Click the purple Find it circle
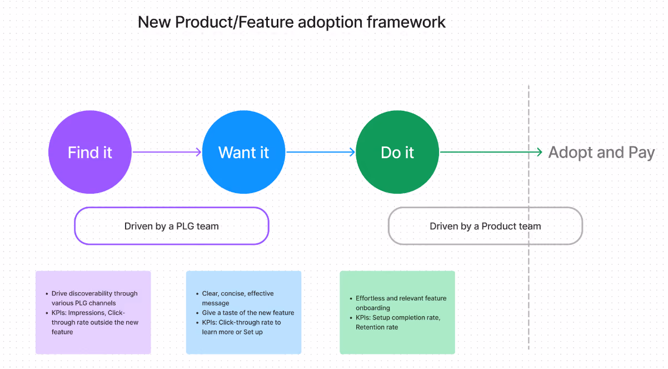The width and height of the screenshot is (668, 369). point(90,152)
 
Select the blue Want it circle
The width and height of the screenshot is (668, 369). point(243,152)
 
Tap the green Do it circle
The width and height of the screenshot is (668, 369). point(397,152)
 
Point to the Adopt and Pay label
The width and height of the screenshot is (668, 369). point(601,152)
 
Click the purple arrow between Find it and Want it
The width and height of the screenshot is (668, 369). point(167,152)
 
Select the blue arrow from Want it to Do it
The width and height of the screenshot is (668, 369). point(321,152)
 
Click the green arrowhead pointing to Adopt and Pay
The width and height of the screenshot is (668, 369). point(539,152)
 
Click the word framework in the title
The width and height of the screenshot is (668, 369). point(406,22)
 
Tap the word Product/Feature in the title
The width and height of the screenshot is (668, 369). point(235,22)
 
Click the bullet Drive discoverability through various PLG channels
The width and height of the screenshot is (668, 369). point(92,298)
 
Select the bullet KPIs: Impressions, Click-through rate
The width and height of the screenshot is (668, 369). point(92,322)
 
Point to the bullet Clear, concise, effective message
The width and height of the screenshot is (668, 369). point(235,298)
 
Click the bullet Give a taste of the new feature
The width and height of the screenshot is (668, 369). point(245,313)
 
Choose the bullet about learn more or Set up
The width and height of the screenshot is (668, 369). point(238,327)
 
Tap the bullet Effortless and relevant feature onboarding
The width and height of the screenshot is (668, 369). point(398,303)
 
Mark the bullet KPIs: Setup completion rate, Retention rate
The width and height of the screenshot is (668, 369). point(395,322)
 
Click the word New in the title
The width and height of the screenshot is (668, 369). point(154,22)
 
